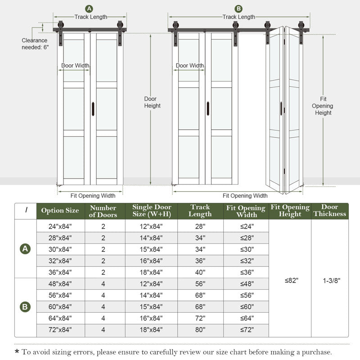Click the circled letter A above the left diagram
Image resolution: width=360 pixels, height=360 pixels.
point(89,9)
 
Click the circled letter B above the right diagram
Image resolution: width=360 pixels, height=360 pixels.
point(238,9)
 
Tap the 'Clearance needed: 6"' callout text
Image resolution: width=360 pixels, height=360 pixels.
point(34,44)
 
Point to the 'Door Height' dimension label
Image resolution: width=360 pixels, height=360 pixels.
point(152,102)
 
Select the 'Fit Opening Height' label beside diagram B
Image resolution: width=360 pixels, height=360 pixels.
point(323,106)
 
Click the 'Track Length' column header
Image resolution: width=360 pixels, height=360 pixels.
point(200,211)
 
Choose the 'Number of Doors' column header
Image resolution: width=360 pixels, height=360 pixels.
point(103,211)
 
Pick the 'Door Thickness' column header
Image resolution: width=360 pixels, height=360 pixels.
point(330,211)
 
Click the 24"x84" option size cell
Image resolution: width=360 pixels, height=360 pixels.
point(60,226)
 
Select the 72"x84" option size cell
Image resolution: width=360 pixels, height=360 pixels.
point(60,330)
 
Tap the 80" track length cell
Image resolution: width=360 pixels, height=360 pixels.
point(200,330)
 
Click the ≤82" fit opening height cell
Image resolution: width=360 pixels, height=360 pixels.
point(291,280)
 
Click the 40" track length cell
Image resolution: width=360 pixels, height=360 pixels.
point(200,272)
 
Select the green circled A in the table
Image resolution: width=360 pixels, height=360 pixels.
point(25,249)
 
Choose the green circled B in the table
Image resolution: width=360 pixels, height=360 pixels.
point(25,307)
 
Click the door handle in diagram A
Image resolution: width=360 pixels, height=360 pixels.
point(93,108)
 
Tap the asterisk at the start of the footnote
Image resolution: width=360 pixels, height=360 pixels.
point(17,352)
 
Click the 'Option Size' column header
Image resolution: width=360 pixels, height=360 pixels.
point(60,211)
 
